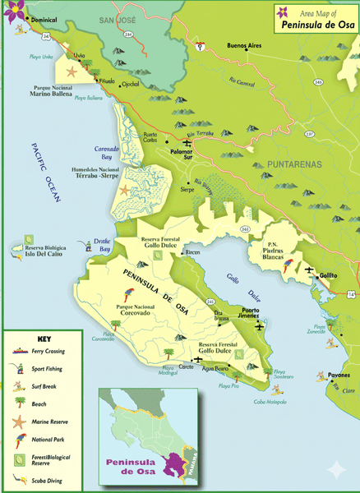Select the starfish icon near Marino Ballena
pyautogui.click(x=71, y=73)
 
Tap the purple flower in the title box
pyautogui.click(x=284, y=12)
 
